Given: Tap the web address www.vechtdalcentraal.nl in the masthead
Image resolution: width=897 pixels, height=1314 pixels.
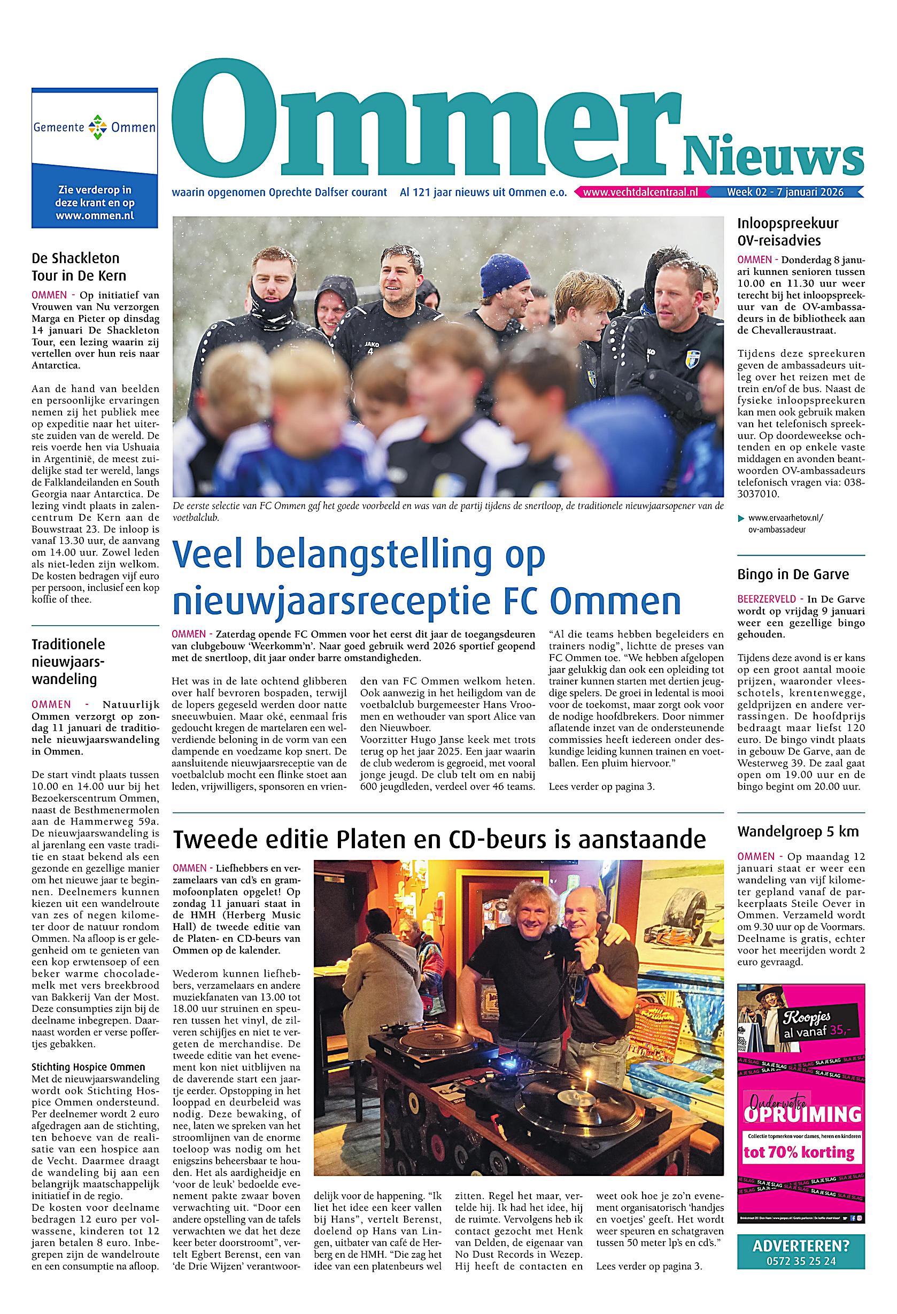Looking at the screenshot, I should point(641,193).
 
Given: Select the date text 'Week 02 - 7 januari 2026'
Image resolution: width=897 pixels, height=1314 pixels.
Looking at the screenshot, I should point(785,193).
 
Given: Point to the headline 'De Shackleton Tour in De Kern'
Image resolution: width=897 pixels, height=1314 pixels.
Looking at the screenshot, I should point(79,267).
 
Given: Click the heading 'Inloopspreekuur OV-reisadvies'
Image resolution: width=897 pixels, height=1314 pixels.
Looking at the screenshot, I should point(788,232).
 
